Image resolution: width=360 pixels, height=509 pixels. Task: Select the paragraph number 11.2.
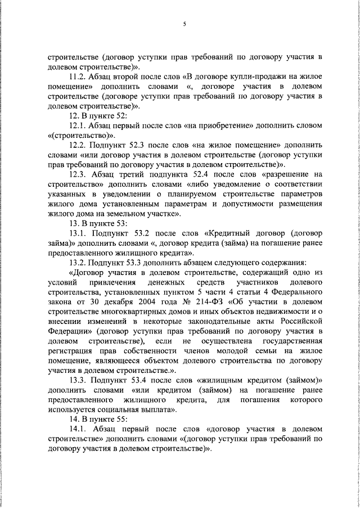tap(76, 76)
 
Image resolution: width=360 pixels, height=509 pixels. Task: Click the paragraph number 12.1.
tap(76, 125)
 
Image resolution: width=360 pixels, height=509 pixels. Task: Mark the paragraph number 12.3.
tap(77, 174)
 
